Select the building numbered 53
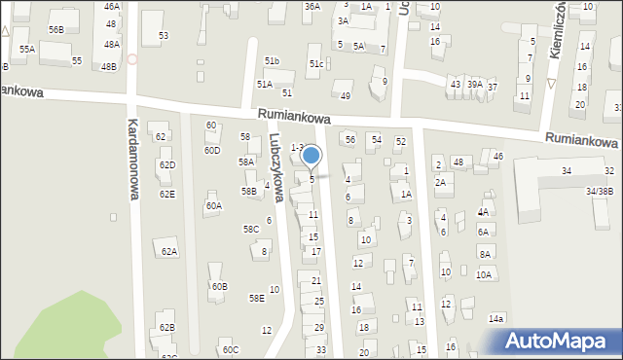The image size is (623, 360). tap(164, 35)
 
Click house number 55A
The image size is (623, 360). tap(27, 49)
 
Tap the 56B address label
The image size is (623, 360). tap(56, 30)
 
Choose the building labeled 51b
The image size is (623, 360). tap(272, 61)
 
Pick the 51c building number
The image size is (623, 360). tap(316, 64)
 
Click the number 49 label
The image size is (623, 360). tap(346, 95)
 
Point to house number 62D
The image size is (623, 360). tap(167, 165)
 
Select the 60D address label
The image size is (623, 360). tap(211, 150)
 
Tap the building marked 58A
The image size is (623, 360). tap(247, 162)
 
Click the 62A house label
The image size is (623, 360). tap(169, 251)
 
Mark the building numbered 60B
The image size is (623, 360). tap(219, 286)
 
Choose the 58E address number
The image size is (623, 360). tap(256, 298)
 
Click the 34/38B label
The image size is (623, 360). tap(599, 191)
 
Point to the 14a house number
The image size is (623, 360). tap(496, 318)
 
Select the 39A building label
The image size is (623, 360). tap(474, 85)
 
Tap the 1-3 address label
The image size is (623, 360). tap(298, 147)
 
